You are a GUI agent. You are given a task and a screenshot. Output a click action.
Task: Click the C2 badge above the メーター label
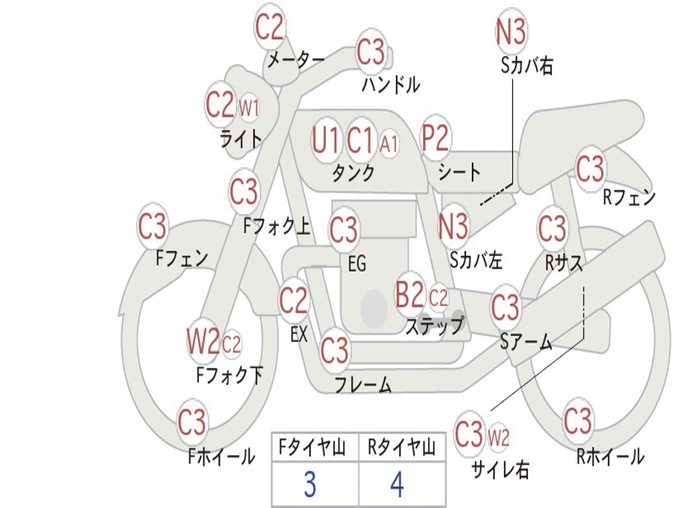(x=269, y=27)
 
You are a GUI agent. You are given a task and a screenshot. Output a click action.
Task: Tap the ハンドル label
(x=391, y=85)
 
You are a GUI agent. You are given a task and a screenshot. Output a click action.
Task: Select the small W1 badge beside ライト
(x=248, y=107)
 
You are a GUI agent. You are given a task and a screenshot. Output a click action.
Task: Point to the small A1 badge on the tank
(x=389, y=143)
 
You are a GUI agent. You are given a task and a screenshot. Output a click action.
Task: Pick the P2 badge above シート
(x=435, y=139)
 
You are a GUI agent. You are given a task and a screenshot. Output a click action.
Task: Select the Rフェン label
(x=628, y=196)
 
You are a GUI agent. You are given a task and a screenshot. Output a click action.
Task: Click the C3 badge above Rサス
(x=552, y=229)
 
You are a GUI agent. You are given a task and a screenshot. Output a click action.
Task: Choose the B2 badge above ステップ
(x=409, y=295)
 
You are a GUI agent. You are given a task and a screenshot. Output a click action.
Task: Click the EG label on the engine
(x=357, y=265)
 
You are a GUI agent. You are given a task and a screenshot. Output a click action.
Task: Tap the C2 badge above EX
(x=293, y=302)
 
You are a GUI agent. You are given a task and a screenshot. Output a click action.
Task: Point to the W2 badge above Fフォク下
(x=202, y=342)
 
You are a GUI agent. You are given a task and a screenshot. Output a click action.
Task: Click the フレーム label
(x=363, y=384)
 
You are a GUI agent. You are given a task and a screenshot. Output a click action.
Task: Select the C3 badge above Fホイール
(x=192, y=421)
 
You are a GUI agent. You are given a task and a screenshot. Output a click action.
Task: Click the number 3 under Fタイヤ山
(x=310, y=485)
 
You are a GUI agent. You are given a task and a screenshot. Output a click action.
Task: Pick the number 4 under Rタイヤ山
(x=397, y=485)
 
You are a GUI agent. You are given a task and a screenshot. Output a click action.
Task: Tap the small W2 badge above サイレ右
(x=498, y=437)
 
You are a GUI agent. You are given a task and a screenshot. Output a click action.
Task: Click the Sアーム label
(x=526, y=342)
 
